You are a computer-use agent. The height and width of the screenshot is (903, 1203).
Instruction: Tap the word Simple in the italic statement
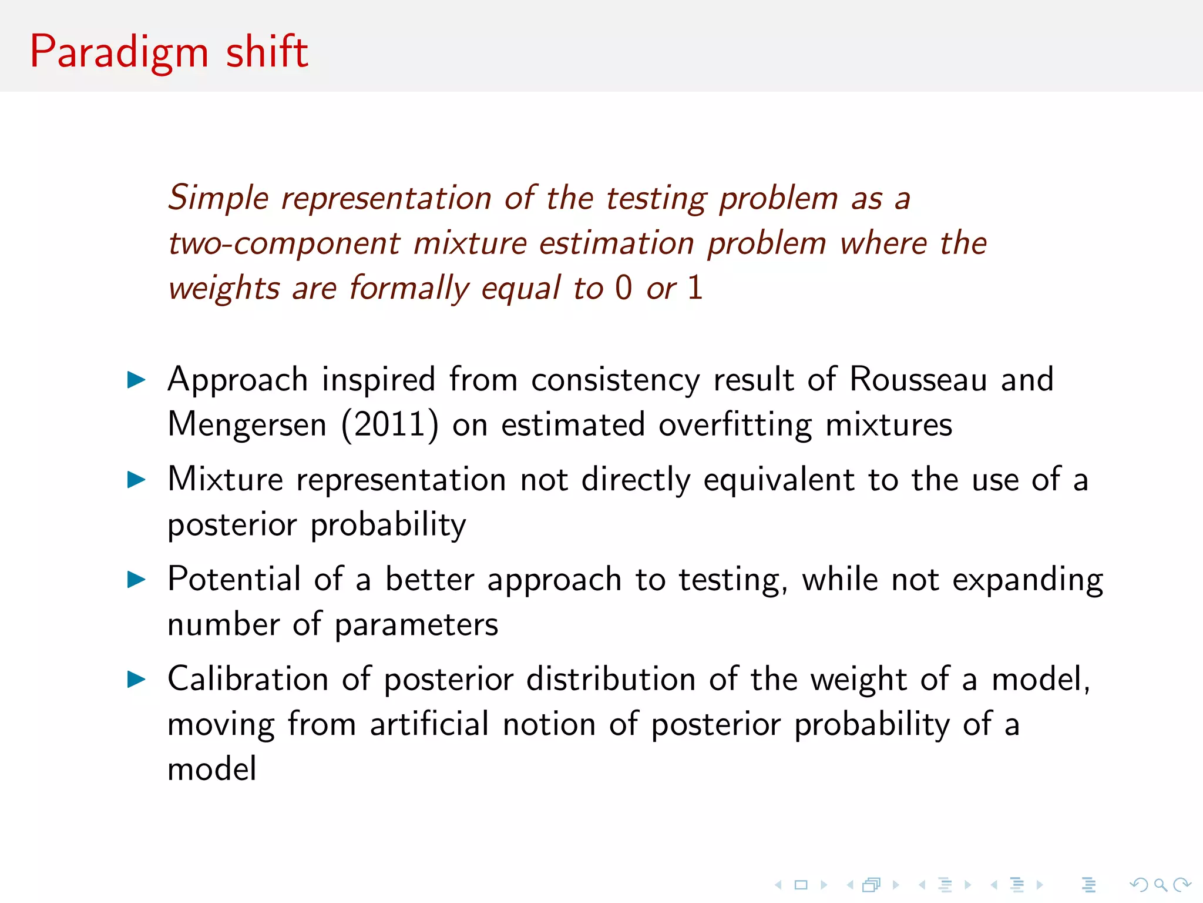(218, 198)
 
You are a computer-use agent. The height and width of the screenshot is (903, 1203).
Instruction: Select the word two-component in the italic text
(284, 243)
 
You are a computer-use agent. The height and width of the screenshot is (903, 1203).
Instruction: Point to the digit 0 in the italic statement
(623, 288)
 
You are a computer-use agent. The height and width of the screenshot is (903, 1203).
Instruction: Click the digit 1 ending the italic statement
(695, 288)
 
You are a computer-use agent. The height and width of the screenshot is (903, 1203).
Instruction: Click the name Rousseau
(918, 379)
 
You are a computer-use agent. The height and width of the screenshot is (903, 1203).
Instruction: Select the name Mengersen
(247, 424)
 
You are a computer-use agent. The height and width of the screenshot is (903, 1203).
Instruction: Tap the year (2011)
(389, 424)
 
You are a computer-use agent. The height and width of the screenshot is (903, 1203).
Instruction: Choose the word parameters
(416, 624)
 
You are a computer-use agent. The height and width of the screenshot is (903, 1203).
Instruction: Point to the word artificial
(429, 724)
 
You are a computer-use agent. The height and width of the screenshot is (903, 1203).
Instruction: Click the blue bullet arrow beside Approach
(136, 380)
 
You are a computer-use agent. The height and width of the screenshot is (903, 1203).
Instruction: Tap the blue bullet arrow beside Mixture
(136, 480)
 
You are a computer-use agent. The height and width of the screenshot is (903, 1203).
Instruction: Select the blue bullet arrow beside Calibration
(136, 680)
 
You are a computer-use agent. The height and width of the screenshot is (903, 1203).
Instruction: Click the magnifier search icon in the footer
(1160, 885)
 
